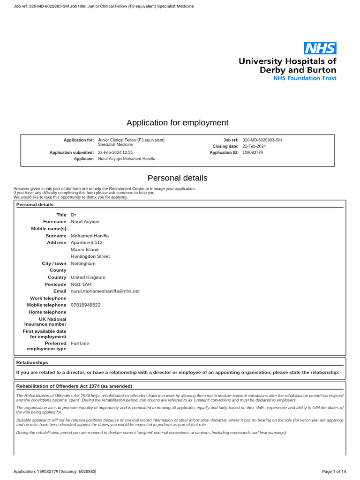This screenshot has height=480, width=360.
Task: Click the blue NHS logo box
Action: pyautogui.click(x=320, y=48)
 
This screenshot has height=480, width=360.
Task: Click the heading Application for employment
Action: pyautogui.click(x=178, y=123)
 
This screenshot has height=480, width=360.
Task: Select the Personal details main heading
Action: pyautogui.click(x=177, y=178)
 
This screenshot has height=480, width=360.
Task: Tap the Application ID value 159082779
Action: pyautogui.click(x=253, y=153)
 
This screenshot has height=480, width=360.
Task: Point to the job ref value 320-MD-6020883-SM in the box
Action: pyautogui.click(x=262, y=140)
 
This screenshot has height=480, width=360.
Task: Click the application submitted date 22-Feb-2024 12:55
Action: pyautogui.click(x=115, y=153)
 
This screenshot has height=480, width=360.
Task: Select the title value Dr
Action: pyautogui.click(x=73, y=215)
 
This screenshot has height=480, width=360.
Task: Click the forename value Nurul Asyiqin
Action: pyautogui.click(x=85, y=222)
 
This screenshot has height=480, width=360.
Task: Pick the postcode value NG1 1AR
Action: pyautogui.click(x=82, y=285)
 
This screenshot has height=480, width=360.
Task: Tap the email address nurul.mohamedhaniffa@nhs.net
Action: pyautogui.click(x=105, y=291)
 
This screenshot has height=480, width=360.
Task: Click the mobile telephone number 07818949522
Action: pyautogui.click(x=85, y=305)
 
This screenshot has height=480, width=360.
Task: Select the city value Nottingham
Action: pyautogui.click(x=83, y=263)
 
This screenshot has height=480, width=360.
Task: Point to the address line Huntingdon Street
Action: pyautogui.click(x=90, y=256)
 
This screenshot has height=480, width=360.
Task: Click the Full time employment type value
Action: pyautogui.click(x=80, y=344)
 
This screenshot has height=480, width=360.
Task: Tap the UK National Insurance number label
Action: pyautogui.click(x=45, y=322)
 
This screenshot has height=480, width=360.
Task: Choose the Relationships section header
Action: pyautogui.click(x=32, y=362)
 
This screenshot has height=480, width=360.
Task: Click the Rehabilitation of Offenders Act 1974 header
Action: pyautogui.click(x=74, y=386)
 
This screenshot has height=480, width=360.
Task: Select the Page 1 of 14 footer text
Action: pyautogui.click(x=334, y=471)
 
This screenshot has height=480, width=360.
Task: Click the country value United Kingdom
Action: pyautogui.click(x=88, y=277)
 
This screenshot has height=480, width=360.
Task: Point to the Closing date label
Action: pyautogui.click(x=225, y=147)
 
